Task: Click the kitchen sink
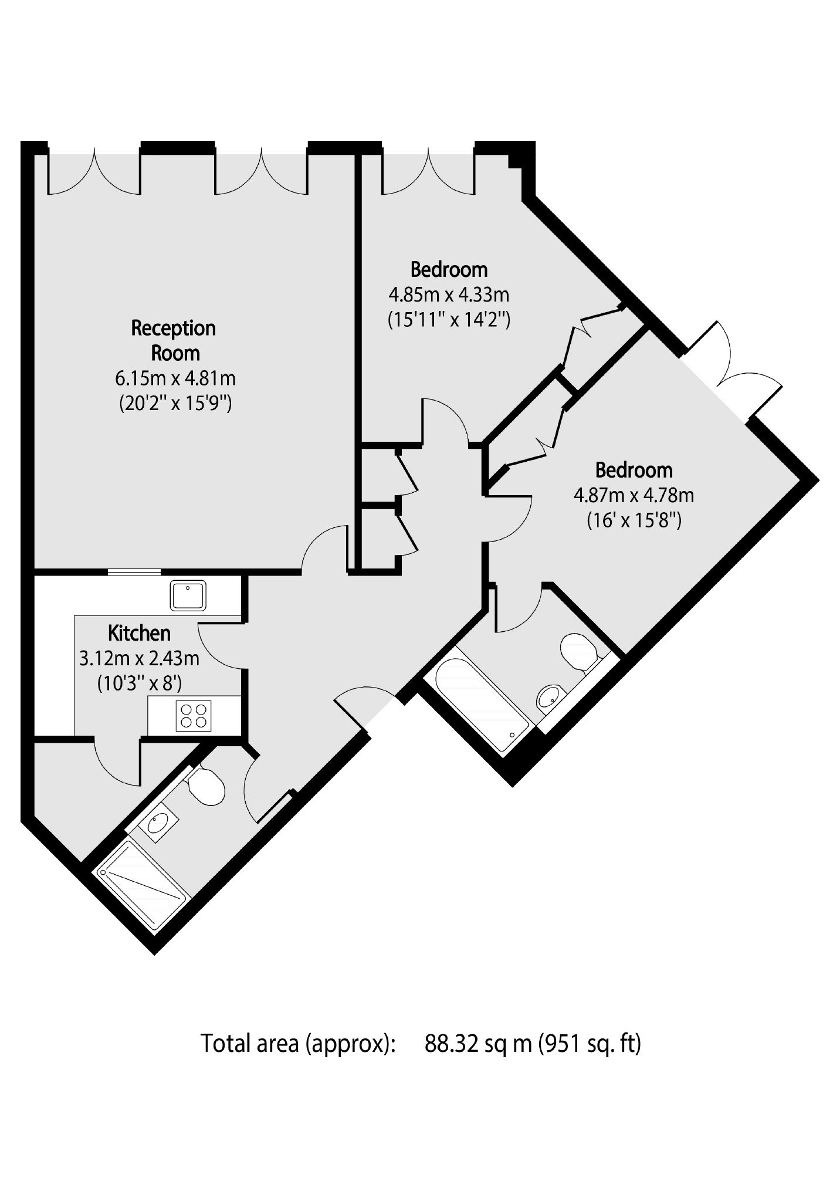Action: pos(188,595)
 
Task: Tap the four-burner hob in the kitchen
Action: pos(194,716)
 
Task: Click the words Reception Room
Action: pos(174,340)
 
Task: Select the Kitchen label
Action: pos(140,633)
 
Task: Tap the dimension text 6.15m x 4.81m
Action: pos(175,378)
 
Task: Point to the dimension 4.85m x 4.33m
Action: pos(449,294)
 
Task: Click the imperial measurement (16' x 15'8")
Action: pos(634,521)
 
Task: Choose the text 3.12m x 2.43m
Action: pos(140,659)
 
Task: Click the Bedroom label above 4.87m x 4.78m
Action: pos(634,470)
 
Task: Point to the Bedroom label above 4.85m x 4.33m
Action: pos(449,269)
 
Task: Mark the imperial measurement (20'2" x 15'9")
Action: pos(175,404)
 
